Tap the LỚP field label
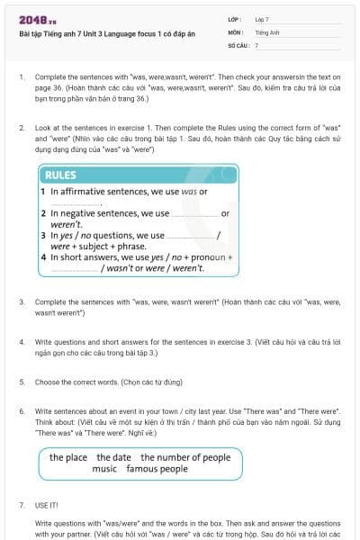click(x=236, y=19)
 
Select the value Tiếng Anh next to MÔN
click(x=264, y=31)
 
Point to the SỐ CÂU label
click(x=239, y=44)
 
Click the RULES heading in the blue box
click(x=60, y=175)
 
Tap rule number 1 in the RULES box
click(x=43, y=193)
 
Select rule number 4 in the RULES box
click(x=43, y=257)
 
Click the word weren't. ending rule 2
click(x=66, y=224)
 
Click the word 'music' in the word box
click(x=104, y=469)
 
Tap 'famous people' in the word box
click(x=157, y=469)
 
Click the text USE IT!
click(x=48, y=505)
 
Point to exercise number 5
click(x=22, y=382)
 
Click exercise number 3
click(x=22, y=304)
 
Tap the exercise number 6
click(x=22, y=408)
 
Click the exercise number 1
click(x=22, y=77)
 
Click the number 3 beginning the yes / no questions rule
click(x=43, y=235)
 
